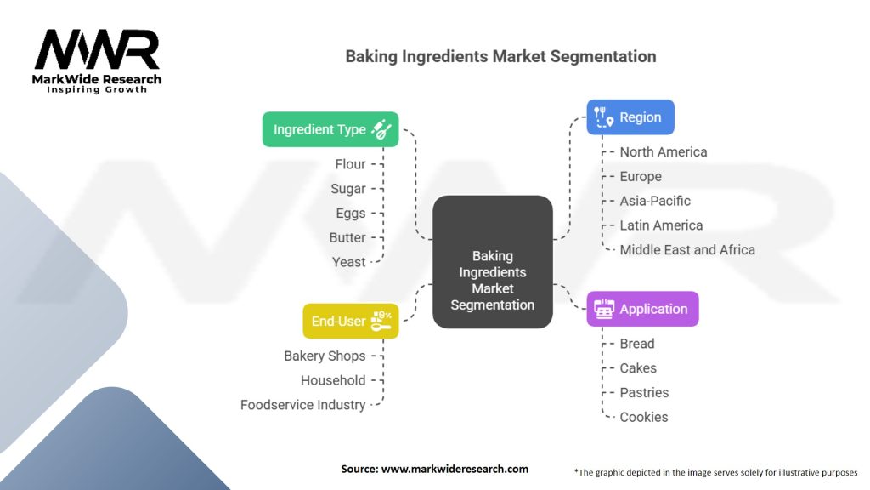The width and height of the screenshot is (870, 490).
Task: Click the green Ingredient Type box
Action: tap(330, 129)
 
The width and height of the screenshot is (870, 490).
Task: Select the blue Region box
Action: tap(630, 117)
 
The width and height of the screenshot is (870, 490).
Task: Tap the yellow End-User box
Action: tap(351, 321)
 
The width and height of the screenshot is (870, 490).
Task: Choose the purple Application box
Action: tap(642, 309)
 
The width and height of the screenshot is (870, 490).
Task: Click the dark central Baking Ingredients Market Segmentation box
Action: tap(493, 262)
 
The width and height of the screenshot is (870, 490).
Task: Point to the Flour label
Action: tap(350, 164)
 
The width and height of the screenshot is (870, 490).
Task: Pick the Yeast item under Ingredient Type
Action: tap(348, 262)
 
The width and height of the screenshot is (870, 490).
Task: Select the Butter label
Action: tap(347, 238)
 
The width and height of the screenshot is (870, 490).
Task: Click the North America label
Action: tap(663, 152)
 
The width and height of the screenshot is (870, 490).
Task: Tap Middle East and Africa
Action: tap(687, 250)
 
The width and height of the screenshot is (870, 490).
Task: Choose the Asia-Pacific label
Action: tap(655, 201)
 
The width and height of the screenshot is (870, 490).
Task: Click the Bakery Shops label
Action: tap(325, 356)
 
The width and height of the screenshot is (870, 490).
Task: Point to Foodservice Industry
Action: tap(303, 405)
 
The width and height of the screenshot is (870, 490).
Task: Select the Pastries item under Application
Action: tap(644, 393)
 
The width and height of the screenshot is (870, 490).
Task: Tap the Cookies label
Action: tap(644, 417)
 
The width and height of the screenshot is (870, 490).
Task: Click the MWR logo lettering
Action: tap(97, 49)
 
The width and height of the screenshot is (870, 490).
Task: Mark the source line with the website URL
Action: tap(434, 469)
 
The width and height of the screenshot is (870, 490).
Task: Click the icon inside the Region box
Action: tap(603, 117)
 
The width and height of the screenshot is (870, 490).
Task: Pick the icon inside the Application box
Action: tap(604, 309)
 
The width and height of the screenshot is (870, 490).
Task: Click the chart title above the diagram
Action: tap(500, 56)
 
